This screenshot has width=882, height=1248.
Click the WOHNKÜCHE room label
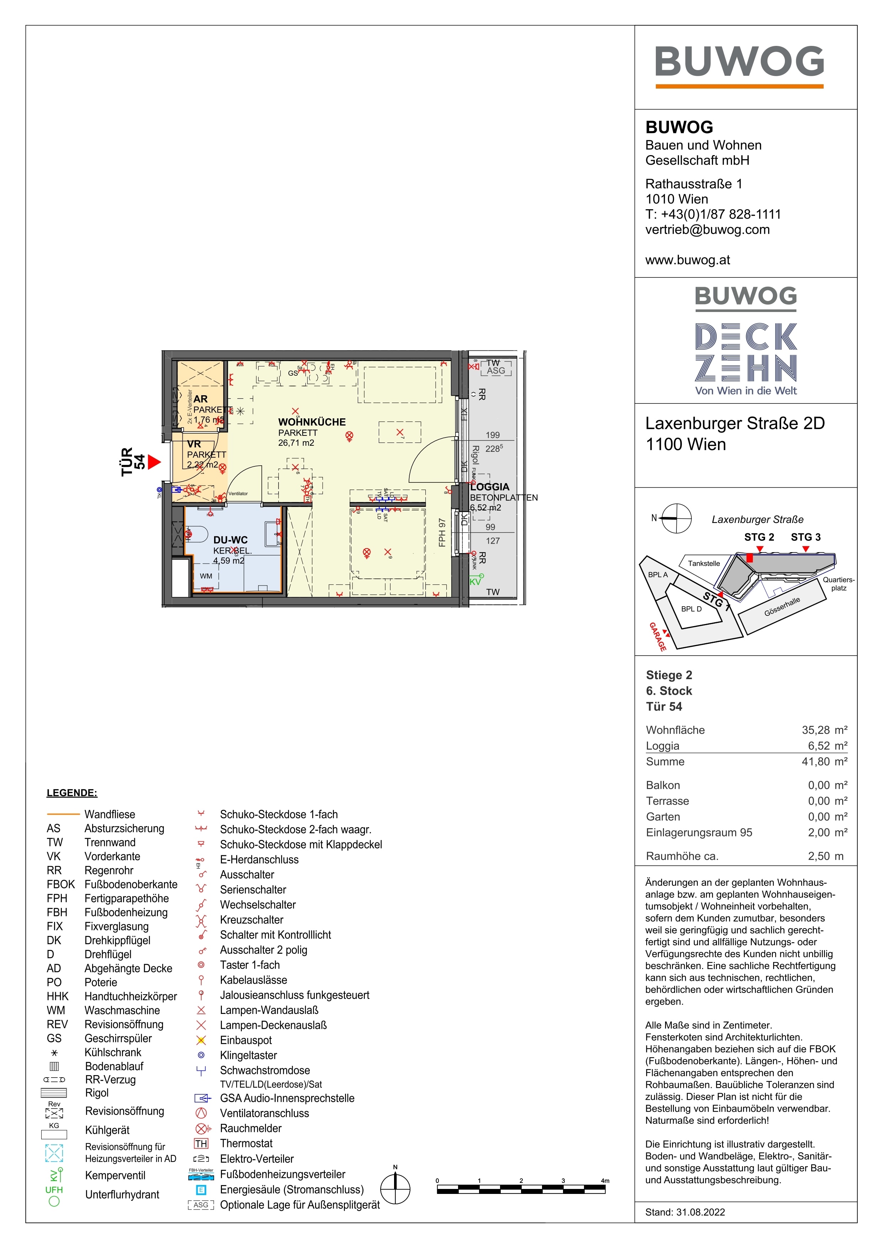click(312, 422)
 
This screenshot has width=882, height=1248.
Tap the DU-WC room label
click(230, 540)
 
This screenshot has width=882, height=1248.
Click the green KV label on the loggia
click(475, 582)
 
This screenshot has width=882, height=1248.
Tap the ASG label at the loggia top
click(496, 371)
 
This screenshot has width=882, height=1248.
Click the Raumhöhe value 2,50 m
click(825, 856)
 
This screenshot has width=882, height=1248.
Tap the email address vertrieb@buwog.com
click(707, 229)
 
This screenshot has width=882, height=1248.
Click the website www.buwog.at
click(687, 260)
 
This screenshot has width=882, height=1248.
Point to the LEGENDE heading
click(72, 793)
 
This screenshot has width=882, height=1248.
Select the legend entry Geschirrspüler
click(118, 1038)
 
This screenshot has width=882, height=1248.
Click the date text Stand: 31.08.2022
click(685, 1212)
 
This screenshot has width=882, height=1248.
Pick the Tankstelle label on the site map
click(704, 563)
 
